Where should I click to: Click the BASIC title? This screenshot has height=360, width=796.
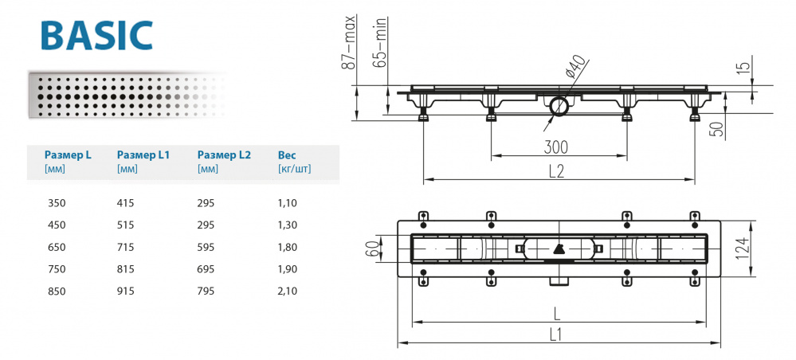(x=95, y=36)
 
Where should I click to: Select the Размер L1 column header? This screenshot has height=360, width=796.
(x=143, y=155)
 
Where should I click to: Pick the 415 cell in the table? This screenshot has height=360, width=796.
(x=126, y=203)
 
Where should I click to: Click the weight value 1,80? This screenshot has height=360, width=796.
(x=287, y=247)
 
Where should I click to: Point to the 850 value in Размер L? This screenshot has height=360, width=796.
(x=57, y=291)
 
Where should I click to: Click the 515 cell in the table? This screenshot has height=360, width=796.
(x=126, y=225)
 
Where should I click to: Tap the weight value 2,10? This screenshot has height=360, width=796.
(x=287, y=291)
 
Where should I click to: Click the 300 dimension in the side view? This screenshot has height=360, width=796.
(x=557, y=147)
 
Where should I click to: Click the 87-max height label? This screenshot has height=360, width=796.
(x=348, y=44)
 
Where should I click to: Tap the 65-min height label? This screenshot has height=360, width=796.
(x=380, y=44)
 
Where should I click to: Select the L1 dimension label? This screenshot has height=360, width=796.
(x=555, y=335)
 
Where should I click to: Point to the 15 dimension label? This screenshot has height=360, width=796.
(x=743, y=70)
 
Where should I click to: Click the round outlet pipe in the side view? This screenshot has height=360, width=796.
(x=557, y=104)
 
